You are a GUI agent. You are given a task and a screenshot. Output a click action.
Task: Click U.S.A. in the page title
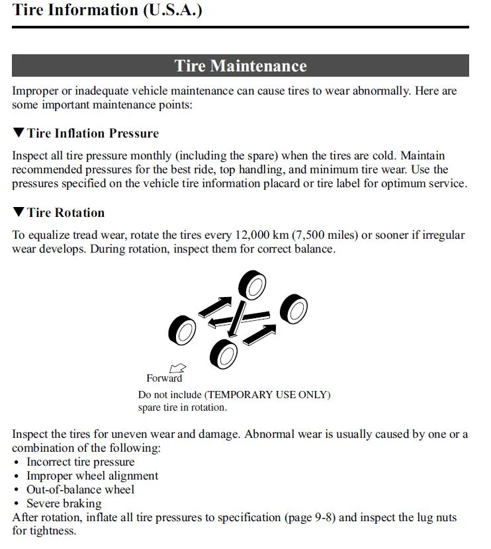tap(172, 11)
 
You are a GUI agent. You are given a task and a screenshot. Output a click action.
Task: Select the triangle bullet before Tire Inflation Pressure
tap(19, 133)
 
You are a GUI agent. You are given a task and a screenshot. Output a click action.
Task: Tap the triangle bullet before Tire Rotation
tap(19, 212)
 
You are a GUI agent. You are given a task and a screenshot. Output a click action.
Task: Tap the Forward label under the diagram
tap(163, 378)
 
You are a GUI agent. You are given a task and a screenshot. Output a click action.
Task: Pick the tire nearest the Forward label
tap(183, 329)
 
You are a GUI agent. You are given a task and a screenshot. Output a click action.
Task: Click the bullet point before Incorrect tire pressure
tap(17, 462)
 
